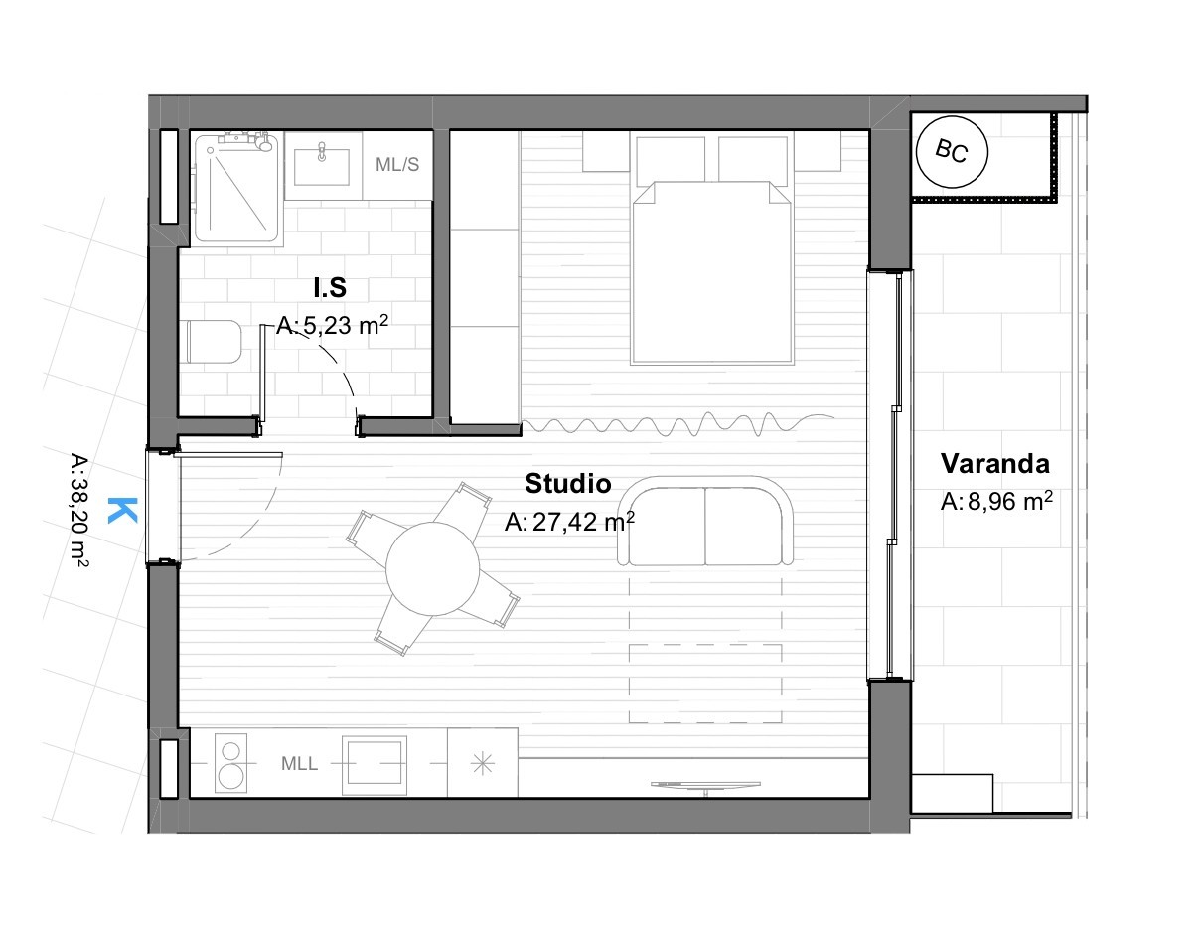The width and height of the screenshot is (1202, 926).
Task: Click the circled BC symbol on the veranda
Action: (952, 152)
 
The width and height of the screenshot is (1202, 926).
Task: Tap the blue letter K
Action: (122, 510)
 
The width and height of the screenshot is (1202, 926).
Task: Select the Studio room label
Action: (567, 484)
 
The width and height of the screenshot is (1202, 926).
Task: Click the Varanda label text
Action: (994, 464)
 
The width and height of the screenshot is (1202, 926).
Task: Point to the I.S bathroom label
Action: (330, 288)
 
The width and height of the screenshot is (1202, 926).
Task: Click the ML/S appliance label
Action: (397, 164)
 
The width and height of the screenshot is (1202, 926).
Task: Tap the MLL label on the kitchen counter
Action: (299, 764)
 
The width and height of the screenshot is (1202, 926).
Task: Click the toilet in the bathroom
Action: (212, 342)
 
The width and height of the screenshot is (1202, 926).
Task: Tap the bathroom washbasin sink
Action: (322, 165)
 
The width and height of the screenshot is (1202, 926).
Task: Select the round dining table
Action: (432, 568)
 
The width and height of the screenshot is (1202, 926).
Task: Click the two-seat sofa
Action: (705, 521)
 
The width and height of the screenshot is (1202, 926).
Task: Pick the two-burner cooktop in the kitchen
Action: (230, 763)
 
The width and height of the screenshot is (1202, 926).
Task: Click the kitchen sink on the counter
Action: (375, 765)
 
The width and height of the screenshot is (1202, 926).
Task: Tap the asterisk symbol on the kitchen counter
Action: (483, 764)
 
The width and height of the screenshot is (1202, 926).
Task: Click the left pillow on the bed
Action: (671, 160)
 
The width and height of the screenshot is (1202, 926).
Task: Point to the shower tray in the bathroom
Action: (237, 187)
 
